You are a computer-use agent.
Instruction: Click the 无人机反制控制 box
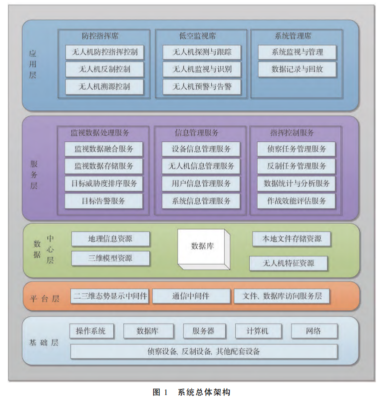(104, 69)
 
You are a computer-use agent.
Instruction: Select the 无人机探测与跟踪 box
(202, 52)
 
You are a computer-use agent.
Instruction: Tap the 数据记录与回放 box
(297, 69)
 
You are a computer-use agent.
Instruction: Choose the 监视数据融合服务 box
(104, 149)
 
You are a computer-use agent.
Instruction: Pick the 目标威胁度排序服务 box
(104, 183)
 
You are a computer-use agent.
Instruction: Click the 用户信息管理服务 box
(201, 183)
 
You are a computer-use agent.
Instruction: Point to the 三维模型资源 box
(110, 258)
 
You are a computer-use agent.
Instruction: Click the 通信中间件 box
(191, 296)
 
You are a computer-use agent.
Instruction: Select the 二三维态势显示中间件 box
(110, 296)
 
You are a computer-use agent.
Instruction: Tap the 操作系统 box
(91, 331)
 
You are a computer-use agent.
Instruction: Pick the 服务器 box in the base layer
(203, 331)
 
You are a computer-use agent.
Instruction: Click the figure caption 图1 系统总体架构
(190, 391)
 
